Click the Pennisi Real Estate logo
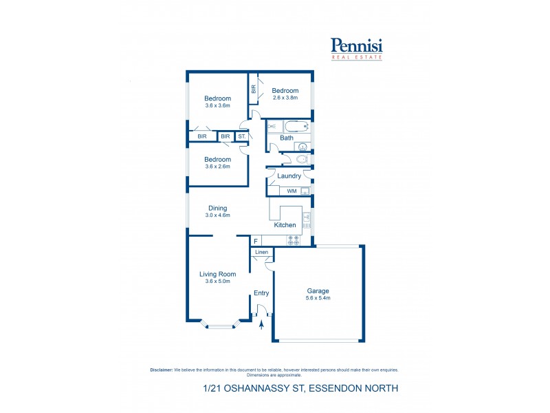pos(357,48)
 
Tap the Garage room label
pos(318,290)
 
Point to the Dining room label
pos(217,208)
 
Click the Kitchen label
pos(285,225)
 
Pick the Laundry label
pos(289,176)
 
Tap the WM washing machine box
pos(291,191)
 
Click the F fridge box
pos(255,241)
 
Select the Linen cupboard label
pos(261,253)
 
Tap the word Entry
pos(261,293)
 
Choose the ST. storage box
pos(242,137)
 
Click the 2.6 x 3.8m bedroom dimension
pos(285,98)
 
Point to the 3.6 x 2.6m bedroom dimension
pos(217,166)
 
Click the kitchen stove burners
pos(293,240)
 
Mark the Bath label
pos(287,138)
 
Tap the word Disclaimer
pos(162,370)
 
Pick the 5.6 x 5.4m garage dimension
pos(318,297)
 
